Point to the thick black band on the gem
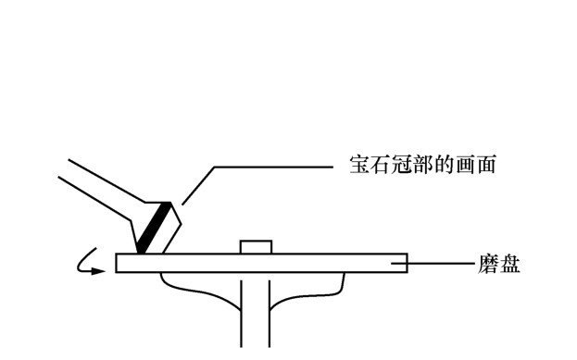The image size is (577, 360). (x=155, y=228)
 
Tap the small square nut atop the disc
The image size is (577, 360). (x=255, y=246)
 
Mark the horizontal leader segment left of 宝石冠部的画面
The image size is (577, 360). (x=273, y=168)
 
